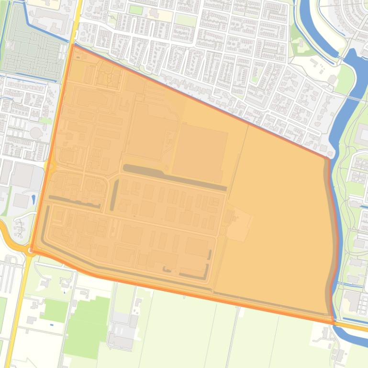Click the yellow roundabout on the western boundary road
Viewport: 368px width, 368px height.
[x=50, y=166]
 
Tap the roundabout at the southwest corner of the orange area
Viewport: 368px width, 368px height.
[x=31, y=250]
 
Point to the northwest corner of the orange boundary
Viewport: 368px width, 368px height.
[x=72, y=45]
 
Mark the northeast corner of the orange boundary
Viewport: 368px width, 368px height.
[x=328, y=157]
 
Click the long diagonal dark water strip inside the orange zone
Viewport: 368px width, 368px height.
[x=174, y=176]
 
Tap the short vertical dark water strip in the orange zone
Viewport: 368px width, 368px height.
[x=114, y=195]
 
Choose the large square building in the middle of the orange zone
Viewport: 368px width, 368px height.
[x=199, y=152]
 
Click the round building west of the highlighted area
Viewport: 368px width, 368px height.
[x=36, y=132]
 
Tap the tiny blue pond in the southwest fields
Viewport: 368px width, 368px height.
[x=51, y=325]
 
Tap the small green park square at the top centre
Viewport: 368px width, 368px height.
[x=136, y=10]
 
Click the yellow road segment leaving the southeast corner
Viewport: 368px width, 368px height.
[x=352, y=327]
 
